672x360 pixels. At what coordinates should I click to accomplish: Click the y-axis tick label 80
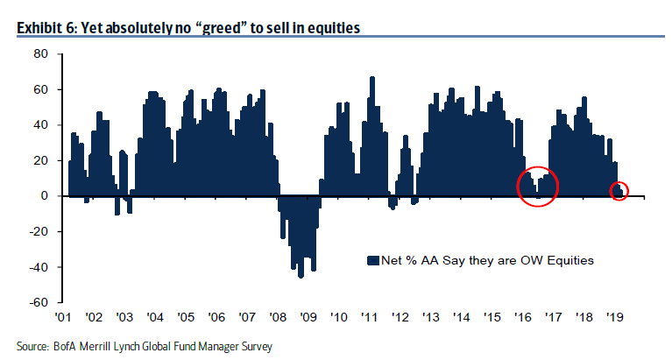39,54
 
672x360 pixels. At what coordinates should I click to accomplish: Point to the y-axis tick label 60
39,89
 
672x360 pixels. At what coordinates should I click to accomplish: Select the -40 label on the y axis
37,267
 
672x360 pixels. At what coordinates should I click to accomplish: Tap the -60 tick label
37,303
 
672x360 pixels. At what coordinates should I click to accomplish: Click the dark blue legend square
372,260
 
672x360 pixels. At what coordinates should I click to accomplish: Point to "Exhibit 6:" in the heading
48,29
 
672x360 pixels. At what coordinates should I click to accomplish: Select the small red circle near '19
619,190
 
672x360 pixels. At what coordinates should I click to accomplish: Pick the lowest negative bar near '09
301,276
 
